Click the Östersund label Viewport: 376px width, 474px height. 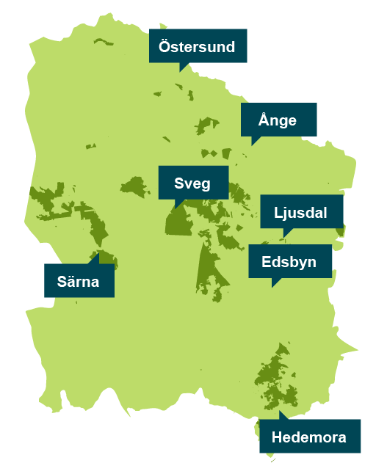point(198,46)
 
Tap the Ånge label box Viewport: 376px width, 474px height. point(279,120)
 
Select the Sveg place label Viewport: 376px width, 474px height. point(192,183)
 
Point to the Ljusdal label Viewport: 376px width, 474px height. point(301,213)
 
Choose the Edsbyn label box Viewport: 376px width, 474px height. point(289,261)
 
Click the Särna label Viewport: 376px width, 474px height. point(79,280)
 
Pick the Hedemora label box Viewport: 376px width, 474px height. point(309,437)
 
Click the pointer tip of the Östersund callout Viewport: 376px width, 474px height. point(181,71)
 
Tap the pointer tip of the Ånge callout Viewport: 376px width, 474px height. point(253,145)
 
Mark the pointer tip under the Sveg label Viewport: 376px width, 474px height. point(175,208)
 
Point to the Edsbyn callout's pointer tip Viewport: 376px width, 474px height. point(272,287)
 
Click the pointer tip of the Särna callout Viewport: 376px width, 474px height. point(98,254)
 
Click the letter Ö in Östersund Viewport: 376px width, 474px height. point(165,46)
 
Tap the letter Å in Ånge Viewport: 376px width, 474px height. point(264,120)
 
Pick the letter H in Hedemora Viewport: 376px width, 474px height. point(277,437)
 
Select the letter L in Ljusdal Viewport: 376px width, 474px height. point(278,213)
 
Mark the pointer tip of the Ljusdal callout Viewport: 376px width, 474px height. point(284,238)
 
